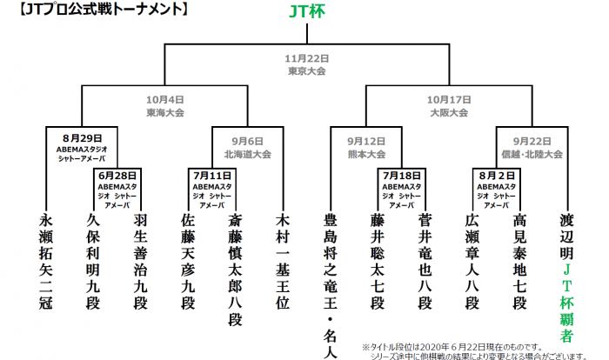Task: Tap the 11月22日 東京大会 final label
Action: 304,65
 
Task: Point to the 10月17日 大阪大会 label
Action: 449,106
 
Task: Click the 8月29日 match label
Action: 83,147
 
